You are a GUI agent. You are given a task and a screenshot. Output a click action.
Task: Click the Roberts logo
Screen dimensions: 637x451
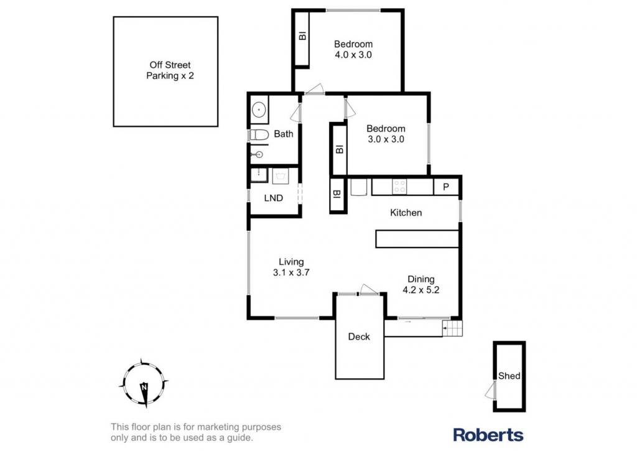tap(488, 435)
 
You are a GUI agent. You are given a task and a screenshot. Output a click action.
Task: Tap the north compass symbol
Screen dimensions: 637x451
tap(144, 384)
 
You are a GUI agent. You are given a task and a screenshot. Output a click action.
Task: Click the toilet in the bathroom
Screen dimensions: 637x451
tap(259, 134)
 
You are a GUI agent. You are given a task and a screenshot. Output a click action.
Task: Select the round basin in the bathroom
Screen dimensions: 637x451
tap(259, 109)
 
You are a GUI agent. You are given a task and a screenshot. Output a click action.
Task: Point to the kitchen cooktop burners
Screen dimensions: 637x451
tap(399, 187)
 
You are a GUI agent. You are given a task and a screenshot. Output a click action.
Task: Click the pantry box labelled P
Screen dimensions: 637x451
tap(446, 187)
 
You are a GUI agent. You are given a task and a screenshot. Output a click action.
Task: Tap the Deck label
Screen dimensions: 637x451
tap(359, 337)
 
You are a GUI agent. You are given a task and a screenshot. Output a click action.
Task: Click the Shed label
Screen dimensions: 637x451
tap(509, 376)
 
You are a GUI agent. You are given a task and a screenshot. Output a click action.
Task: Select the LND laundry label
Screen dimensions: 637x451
tap(274, 198)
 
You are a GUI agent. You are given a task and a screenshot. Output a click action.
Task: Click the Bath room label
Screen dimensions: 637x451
tap(284, 134)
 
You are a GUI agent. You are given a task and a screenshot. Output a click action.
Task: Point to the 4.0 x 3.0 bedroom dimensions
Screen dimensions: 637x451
tap(353, 55)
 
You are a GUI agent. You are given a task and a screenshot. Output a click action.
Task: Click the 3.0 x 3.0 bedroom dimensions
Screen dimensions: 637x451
tap(386, 139)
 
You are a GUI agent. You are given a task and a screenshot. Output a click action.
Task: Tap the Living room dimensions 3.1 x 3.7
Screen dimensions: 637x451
tap(291, 272)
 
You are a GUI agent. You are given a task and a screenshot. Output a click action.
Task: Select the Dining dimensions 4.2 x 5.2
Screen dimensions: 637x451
tap(421, 290)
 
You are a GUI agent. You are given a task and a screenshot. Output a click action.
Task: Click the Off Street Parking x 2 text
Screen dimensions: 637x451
tap(170, 70)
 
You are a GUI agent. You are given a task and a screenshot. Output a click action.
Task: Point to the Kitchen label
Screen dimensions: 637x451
tap(406, 213)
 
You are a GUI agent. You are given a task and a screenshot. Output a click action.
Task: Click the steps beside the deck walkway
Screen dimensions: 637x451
tap(453, 328)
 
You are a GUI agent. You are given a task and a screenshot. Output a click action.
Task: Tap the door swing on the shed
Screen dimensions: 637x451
tap(490, 390)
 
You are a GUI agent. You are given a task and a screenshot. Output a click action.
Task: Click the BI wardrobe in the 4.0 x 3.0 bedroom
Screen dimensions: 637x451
tap(302, 39)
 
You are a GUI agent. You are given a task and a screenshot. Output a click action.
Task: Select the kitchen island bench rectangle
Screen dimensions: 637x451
tap(417, 239)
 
